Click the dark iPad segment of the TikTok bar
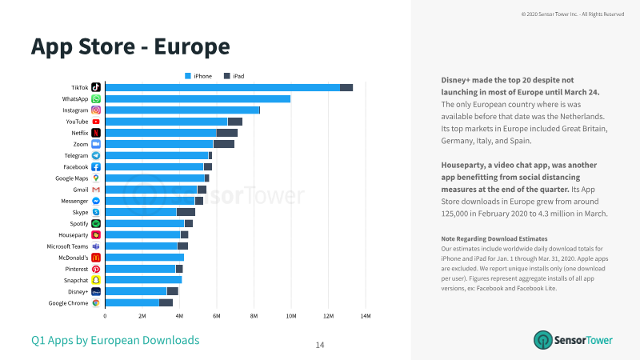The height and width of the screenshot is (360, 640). pyautogui.click(x=346, y=87)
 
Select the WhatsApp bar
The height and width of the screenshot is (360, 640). pyautogui.click(x=198, y=98)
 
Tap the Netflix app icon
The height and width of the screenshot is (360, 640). pyautogui.click(x=96, y=133)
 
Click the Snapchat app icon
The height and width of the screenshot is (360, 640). pyautogui.click(x=96, y=280)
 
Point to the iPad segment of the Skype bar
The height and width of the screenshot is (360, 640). pyautogui.click(x=186, y=212)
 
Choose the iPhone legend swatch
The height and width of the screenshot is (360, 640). pyautogui.click(x=188, y=76)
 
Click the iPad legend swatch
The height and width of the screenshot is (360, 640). pyautogui.click(x=227, y=76)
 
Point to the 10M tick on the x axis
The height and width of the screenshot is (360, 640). pyautogui.click(x=291, y=316)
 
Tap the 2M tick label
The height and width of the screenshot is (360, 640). pyautogui.click(x=142, y=316)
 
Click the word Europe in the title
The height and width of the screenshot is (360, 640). pyautogui.click(x=192, y=46)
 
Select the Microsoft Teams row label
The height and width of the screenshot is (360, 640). pyautogui.click(x=67, y=246)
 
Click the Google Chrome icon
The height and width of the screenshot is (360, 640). pyautogui.click(x=96, y=303)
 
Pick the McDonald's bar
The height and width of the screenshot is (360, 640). pyautogui.click(x=145, y=258)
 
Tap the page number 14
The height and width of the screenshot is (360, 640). pyautogui.click(x=320, y=346)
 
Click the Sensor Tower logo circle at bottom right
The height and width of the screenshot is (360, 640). pyautogui.click(x=543, y=340)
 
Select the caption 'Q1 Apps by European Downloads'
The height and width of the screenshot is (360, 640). pyautogui.click(x=115, y=341)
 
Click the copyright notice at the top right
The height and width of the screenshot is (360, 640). pyautogui.click(x=573, y=14)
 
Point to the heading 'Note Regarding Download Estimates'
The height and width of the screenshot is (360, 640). pyautogui.click(x=494, y=238)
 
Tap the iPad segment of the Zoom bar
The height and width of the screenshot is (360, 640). pyautogui.click(x=224, y=144)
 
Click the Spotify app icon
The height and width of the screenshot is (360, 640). pyautogui.click(x=96, y=223)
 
